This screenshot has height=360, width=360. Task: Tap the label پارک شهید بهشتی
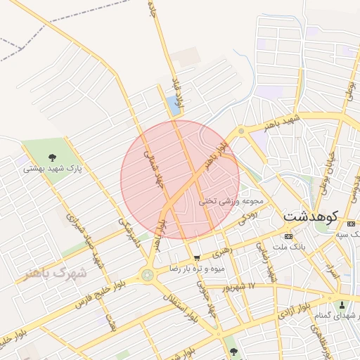tap(53, 169)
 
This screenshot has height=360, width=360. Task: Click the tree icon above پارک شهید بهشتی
tap(53, 157)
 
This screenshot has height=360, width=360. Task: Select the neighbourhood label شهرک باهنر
tap(54, 272)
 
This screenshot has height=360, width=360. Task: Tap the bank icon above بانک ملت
tap(288, 236)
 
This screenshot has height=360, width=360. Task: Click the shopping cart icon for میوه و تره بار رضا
tap(196, 258)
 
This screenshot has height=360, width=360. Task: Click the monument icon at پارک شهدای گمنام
tap(342, 306)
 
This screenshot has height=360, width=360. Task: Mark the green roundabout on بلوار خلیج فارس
tap(148, 275)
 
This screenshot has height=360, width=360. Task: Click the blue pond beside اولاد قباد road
tap(174, 106)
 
